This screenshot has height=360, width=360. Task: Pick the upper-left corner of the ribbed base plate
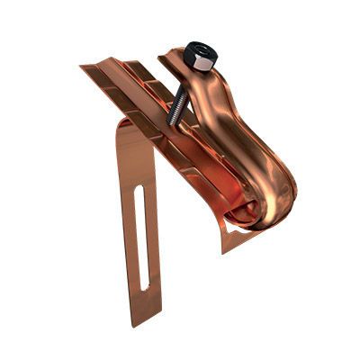pos(83,66)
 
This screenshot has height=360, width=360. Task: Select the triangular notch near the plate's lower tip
pos(232,236)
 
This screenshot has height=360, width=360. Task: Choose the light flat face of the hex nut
pos(202,66)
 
